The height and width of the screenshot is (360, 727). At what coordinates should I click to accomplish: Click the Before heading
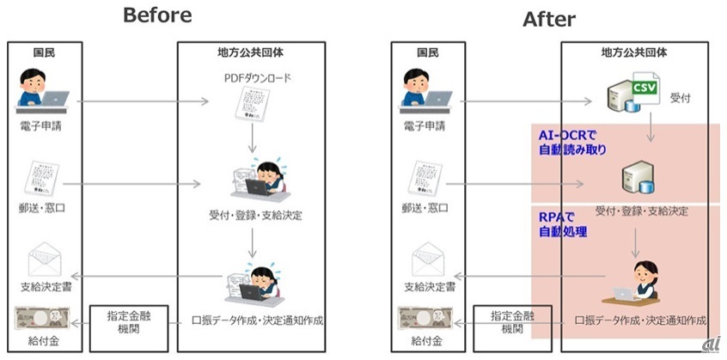click(x=157, y=15)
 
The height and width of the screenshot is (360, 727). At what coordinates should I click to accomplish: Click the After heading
click(x=549, y=19)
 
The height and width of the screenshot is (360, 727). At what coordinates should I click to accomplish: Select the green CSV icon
click(x=645, y=87)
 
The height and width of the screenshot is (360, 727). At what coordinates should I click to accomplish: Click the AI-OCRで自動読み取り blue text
click(x=574, y=143)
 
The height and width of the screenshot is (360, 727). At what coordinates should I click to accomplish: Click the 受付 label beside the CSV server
click(x=681, y=99)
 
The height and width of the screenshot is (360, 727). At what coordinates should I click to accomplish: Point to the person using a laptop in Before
click(x=41, y=93)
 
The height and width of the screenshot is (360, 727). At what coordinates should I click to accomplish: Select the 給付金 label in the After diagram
click(x=426, y=341)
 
